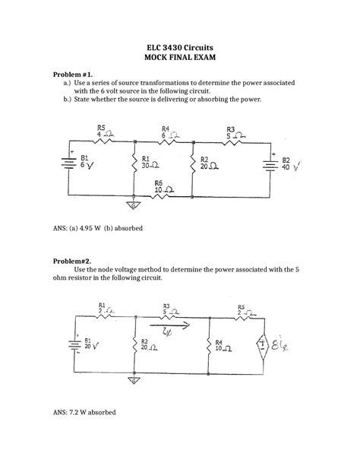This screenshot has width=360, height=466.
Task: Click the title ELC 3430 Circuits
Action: click(x=179, y=46)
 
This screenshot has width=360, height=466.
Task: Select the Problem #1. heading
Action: click(x=72, y=74)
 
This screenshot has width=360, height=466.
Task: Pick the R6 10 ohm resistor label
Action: click(x=162, y=185)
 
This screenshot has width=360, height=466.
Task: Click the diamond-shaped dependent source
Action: click(x=262, y=344)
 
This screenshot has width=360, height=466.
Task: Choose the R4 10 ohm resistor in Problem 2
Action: click(x=208, y=346)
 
